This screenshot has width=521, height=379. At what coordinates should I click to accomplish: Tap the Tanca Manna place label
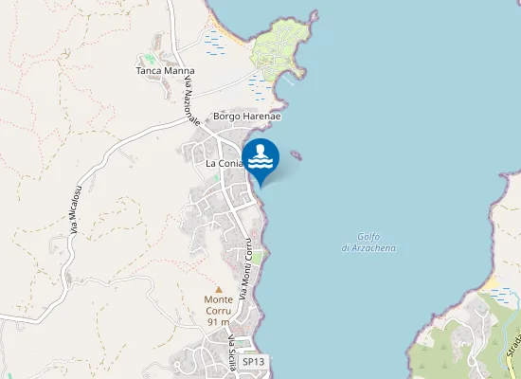coord(165,71)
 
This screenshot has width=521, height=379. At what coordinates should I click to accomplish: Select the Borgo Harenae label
coord(247,117)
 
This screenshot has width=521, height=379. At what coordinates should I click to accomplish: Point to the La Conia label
coord(225,164)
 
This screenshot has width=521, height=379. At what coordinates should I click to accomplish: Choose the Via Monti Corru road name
coord(246,268)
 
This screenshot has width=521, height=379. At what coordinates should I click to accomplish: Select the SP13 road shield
coord(252,362)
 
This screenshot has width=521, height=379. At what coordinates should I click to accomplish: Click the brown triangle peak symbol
coord(219,289)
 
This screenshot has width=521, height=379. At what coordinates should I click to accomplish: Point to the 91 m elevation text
coord(218,322)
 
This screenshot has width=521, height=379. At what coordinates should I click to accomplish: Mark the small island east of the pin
coord(296,154)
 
